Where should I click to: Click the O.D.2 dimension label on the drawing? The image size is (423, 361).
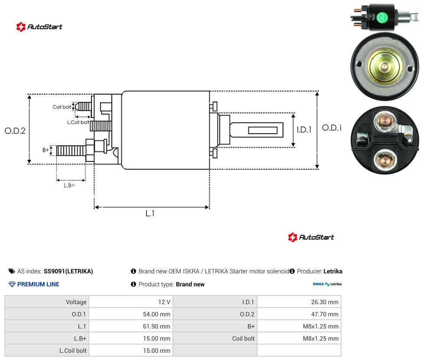coord(15,131)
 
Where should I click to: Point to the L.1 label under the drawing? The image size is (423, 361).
coord(150,213)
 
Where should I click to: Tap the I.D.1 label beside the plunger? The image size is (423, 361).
coord(304,130)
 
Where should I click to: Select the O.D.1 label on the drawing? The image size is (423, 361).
coord(332,128)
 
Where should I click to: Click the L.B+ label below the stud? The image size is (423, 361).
coord(69,185)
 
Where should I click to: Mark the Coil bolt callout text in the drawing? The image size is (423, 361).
coord(62,107)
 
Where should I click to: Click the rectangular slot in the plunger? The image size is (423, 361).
coord(263,131)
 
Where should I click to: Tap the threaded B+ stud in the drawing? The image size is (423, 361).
coord(71,151)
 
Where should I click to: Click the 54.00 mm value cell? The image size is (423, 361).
coord(156,314)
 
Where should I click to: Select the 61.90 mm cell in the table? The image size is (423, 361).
coord(156,326)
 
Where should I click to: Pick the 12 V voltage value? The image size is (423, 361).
coord(164,302)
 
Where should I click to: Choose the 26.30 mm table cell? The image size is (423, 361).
coord(325,302)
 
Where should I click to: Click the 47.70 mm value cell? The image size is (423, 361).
coord(325,314)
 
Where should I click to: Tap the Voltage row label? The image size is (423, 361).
coord(76,302)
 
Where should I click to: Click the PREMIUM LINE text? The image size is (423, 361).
coord(38,284)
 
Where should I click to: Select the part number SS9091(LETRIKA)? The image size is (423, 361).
coord(68,271)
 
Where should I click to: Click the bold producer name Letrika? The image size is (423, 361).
coord(333,271)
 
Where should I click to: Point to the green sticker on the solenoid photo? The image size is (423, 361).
coord(382,18)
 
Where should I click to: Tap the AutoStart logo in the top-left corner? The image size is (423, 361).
coord(39,27)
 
